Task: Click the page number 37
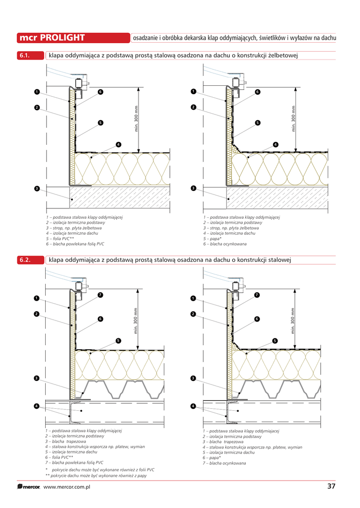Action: click(x=332, y=486)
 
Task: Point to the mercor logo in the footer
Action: click(x=29, y=487)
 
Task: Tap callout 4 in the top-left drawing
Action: click(x=118, y=144)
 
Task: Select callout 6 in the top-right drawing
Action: click(x=258, y=92)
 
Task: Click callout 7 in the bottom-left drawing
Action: click(x=100, y=295)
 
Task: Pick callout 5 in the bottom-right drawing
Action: click(x=275, y=340)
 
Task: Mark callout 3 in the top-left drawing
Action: click(x=37, y=189)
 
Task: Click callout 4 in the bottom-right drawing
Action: click(x=193, y=406)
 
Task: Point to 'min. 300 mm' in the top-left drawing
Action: click(x=137, y=120)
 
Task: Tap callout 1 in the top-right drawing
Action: click(x=193, y=91)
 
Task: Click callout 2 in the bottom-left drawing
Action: click(x=37, y=314)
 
